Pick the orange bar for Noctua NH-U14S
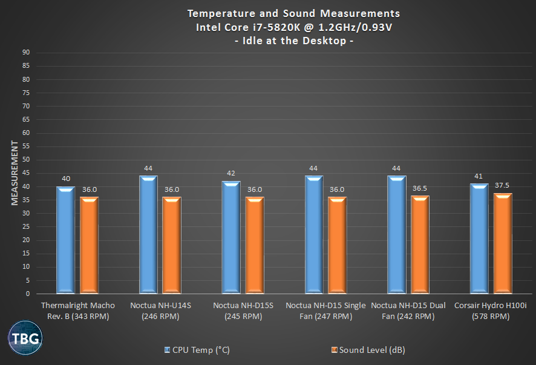(171, 245)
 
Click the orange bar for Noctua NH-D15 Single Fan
(337, 245)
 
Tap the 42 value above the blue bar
(231, 173)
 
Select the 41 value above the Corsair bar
(479, 176)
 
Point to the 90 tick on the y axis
(27, 53)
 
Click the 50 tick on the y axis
(27, 160)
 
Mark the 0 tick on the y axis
(28, 294)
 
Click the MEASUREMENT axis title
(14, 173)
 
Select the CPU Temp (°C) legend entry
(197, 350)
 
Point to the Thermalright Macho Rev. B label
(77, 311)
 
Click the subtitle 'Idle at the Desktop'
(293, 41)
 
